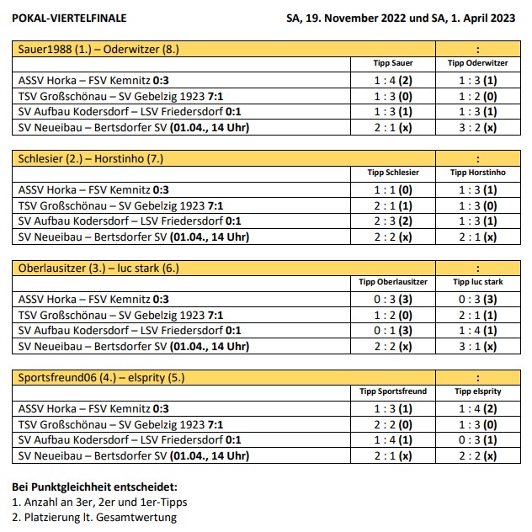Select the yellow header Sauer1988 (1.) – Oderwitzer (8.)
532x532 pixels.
[x=99, y=50]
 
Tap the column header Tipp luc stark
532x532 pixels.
[x=478, y=282]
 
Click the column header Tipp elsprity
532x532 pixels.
[x=478, y=391]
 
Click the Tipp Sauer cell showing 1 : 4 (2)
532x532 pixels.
[x=393, y=80]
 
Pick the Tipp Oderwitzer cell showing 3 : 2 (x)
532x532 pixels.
[x=478, y=128]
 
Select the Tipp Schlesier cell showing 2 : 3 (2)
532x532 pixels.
[x=393, y=221]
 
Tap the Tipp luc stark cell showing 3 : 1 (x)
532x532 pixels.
[x=478, y=346]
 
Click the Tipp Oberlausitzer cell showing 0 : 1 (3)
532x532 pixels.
[x=393, y=330]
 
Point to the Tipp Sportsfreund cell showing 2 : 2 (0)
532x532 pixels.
[x=393, y=424]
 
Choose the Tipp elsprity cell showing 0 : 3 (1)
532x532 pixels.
[x=478, y=440]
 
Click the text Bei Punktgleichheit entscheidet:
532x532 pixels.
[x=94, y=487]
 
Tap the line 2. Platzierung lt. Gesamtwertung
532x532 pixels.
[x=94, y=518]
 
